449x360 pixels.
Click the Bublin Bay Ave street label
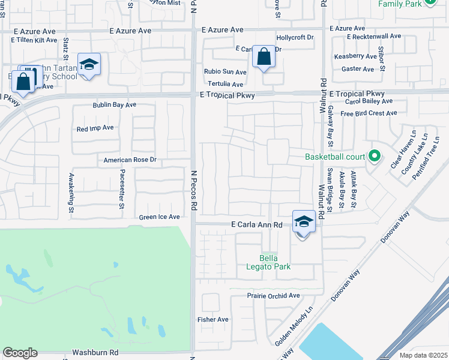click(x=115, y=105)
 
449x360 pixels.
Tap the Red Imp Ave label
click(x=95, y=128)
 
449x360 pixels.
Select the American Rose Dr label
click(x=130, y=160)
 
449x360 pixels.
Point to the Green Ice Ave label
click(x=159, y=217)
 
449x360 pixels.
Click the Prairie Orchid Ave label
click(x=273, y=296)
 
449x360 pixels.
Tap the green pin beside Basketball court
click(x=375, y=157)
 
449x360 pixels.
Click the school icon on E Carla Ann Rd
click(x=303, y=221)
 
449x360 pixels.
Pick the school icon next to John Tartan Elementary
click(x=89, y=64)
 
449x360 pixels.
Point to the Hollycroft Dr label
click(x=295, y=37)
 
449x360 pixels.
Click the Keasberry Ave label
click(x=355, y=56)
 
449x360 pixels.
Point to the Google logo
click(x=20, y=353)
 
